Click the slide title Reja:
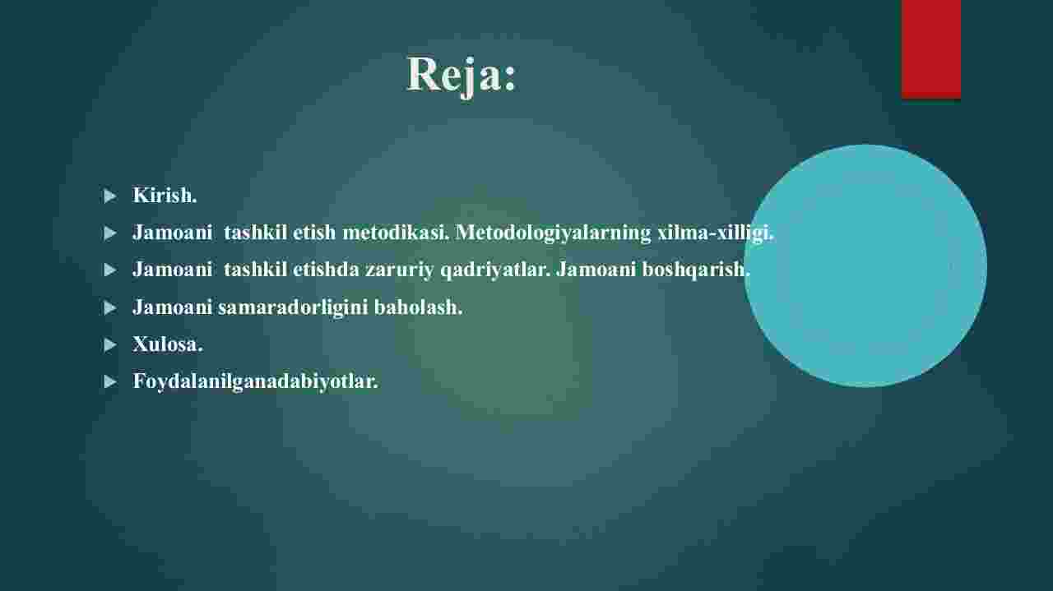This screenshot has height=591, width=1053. point(462,75)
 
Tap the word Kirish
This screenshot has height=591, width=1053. point(165,195)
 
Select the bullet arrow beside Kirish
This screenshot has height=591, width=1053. point(110,196)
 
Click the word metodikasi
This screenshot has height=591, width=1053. point(396,232)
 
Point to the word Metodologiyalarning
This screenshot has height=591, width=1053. point(554,233)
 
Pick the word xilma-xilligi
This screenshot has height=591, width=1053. point(716,233)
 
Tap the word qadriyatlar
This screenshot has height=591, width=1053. point(495,270)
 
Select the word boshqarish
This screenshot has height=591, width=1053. point(696,270)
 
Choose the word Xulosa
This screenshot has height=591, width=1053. point(168,344)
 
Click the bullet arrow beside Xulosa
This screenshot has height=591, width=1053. point(110,345)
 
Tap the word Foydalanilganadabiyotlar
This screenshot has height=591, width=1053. point(255,381)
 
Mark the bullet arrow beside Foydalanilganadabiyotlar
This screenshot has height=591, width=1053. point(110,382)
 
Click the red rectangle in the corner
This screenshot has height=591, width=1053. point(930,48)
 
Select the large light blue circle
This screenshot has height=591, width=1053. point(865,265)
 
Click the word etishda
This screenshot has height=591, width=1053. point(326,270)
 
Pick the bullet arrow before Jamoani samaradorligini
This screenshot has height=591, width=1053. point(110,307)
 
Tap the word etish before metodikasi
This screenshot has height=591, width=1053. point(314,232)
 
